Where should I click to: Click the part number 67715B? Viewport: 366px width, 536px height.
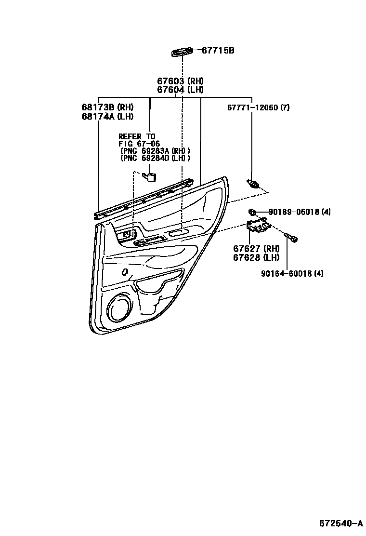(218, 50)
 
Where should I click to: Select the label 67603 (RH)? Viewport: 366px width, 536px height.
(180, 81)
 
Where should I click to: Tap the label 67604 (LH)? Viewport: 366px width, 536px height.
(180, 90)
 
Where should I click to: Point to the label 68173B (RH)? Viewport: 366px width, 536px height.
(107, 107)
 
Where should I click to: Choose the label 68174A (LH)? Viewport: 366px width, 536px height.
(107, 116)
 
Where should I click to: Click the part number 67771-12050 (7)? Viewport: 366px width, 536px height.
(258, 107)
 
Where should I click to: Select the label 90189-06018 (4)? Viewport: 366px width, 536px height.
(299, 212)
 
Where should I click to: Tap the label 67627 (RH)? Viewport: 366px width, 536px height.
(256, 249)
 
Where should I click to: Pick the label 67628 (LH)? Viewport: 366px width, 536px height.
(256, 257)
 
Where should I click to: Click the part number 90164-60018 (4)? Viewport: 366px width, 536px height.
(292, 274)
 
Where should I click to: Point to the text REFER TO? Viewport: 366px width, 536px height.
(137, 137)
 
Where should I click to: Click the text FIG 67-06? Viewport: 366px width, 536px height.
(139, 144)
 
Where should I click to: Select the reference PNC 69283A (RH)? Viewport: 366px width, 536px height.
(155, 151)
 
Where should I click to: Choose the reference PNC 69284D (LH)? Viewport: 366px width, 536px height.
(155, 158)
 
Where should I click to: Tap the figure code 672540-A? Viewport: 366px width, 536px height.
(340, 523)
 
